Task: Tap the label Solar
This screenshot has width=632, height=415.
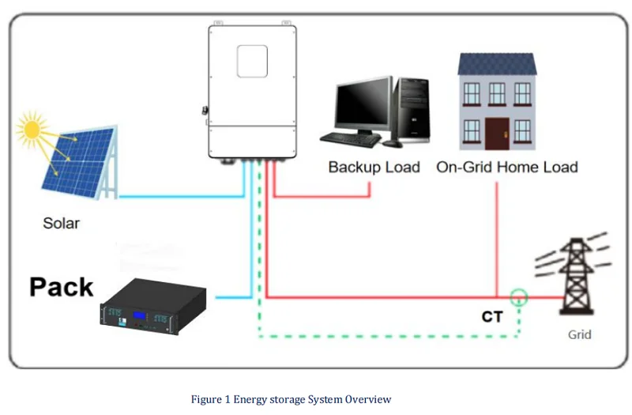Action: [x=61, y=223]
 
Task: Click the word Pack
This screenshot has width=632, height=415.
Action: [x=62, y=287]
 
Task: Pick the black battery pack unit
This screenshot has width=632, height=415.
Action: [x=153, y=305]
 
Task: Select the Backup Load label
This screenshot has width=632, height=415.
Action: [x=374, y=167]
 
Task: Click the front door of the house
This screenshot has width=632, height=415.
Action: [x=497, y=130]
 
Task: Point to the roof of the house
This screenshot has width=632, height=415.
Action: [x=497, y=63]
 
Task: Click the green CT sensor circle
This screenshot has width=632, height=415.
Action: [x=518, y=298]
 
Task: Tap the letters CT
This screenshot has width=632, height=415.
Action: [x=493, y=317]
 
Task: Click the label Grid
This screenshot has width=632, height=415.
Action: [x=579, y=334]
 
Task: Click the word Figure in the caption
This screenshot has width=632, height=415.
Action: [x=206, y=399]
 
